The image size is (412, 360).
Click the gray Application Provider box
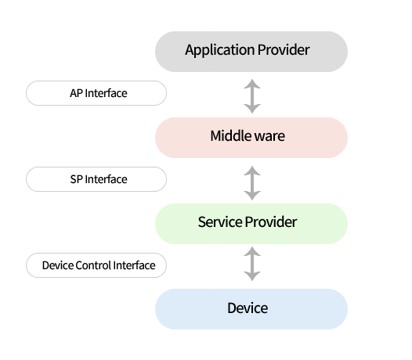(251, 52)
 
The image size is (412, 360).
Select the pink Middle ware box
(251, 138)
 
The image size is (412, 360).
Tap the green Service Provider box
(251, 224)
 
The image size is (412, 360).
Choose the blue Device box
(251, 309)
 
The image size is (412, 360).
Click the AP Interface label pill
(96, 93)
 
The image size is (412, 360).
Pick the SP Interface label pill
(96, 179)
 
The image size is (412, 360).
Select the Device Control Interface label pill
(96, 265)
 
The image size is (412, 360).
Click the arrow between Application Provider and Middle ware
(252, 96)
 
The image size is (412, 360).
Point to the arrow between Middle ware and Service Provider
(252, 183)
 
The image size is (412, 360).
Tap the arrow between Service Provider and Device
(252, 264)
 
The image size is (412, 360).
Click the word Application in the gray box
(219, 50)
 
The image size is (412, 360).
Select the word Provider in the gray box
(284, 49)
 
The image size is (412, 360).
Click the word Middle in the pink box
(228, 136)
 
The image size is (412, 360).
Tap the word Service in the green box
(220, 222)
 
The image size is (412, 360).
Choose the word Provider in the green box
(271, 222)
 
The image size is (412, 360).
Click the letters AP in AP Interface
(76, 93)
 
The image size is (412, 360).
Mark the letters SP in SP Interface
(77, 179)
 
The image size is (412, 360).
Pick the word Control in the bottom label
(93, 265)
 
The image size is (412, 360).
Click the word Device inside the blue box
(248, 308)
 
